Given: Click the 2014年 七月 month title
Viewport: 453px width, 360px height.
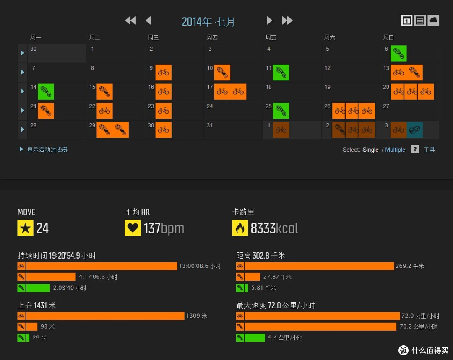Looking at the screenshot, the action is pyautogui.click(x=208, y=22).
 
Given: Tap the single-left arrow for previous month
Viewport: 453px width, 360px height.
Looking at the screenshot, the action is pyautogui.click(x=148, y=21).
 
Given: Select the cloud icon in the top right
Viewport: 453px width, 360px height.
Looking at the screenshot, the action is pyautogui.click(x=433, y=21).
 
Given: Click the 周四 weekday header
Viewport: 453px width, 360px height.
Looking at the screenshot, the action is pyautogui.click(x=212, y=38).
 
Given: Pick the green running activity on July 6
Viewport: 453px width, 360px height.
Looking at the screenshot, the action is pyautogui.click(x=398, y=53).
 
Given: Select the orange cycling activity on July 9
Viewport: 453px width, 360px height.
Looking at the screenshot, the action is pyautogui.click(x=163, y=73).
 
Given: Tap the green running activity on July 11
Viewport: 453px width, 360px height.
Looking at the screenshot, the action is pyautogui.click(x=281, y=73).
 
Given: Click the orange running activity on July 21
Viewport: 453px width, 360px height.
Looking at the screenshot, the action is pyautogui.click(x=46, y=111).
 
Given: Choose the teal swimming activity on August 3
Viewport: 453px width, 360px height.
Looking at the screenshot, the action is pyautogui.click(x=414, y=130).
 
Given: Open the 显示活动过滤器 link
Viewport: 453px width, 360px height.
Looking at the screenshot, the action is pyautogui.click(x=47, y=150).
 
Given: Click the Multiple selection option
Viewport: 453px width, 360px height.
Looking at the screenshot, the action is pyautogui.click(x=395, y=150).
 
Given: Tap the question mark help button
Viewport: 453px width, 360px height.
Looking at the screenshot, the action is pyautogui.click(x=415, y=149).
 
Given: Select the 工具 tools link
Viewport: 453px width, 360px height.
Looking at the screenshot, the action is pyautogui.click(x=430, y=150).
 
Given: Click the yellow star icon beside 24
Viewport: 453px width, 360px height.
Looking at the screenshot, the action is pyautogui.click(x=26, y=228).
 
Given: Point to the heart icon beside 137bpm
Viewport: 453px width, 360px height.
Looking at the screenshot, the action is pyautogui.click(x=133, y=228).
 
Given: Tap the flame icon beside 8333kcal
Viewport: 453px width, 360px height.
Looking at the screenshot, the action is pyautogui.click(x=240, y=228).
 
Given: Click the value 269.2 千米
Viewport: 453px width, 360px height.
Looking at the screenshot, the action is pyautogui.click(x=409, y=266).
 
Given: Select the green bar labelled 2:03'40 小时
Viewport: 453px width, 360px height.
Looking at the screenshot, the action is pyautogui.click(x=38, y=288).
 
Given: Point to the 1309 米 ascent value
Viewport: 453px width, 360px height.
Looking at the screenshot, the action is pyautogui.click(x=196, y=316).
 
